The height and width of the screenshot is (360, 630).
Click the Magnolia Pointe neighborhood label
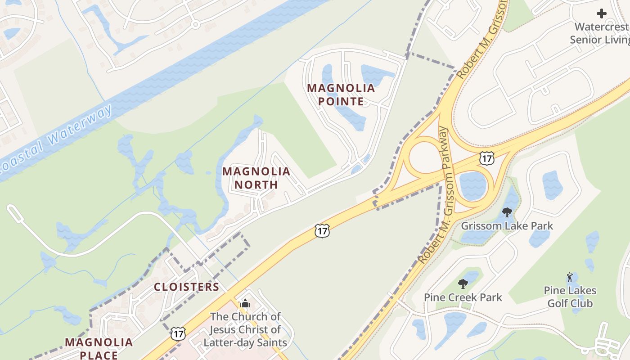pos(341,94)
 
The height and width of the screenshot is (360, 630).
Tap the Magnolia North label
pos(256,178)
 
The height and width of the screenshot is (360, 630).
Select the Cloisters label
pos(186,287)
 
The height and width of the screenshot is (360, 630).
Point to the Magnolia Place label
pos(99,348)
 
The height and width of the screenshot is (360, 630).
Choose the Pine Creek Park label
pos(463,297)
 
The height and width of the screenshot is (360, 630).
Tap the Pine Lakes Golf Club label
pos(570,297)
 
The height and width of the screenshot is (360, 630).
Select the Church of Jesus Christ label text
pos(245,329)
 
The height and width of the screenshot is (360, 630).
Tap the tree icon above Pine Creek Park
pos(463,284)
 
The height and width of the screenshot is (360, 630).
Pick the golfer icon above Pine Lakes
pos(570,277)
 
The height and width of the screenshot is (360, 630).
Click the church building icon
pos(245,304)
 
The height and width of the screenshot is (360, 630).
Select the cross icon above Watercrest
pos(602,13)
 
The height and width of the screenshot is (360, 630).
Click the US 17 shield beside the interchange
pos(486,158)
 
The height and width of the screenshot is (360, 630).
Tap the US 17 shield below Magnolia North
pos(322,230)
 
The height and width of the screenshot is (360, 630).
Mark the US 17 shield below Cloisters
pos(178,333)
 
